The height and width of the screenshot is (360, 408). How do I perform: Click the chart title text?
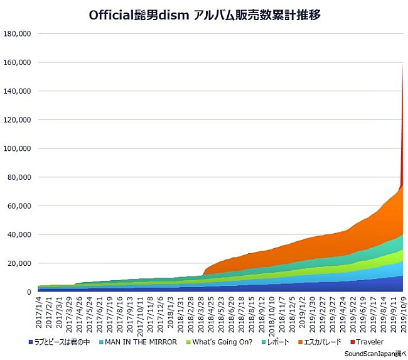coord(204,15)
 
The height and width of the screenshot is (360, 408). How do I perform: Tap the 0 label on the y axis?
coord(28,292)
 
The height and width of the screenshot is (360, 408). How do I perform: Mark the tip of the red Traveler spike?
coord(402,63)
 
